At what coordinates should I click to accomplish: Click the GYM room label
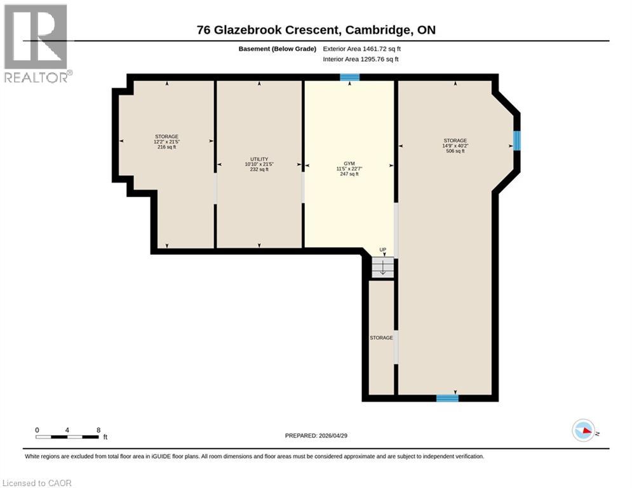349,163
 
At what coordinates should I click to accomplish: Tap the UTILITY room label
259,159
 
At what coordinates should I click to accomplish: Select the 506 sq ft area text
455,151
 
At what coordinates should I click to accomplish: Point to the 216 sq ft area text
166,147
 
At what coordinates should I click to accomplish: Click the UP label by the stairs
382,250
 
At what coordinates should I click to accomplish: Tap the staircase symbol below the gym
382,268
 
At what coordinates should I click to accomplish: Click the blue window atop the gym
349,78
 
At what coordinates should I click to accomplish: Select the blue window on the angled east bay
516,140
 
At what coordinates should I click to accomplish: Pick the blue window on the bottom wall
447,398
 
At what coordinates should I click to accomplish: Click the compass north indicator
584,431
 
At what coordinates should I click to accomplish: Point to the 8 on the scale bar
98,430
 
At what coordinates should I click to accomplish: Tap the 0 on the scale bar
37,430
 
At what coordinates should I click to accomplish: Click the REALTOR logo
36,43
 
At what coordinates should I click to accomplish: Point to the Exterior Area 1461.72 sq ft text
362,48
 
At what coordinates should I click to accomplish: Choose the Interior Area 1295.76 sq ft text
361,60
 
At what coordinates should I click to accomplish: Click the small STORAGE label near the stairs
381,337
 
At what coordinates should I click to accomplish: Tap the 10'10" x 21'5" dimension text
259,164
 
